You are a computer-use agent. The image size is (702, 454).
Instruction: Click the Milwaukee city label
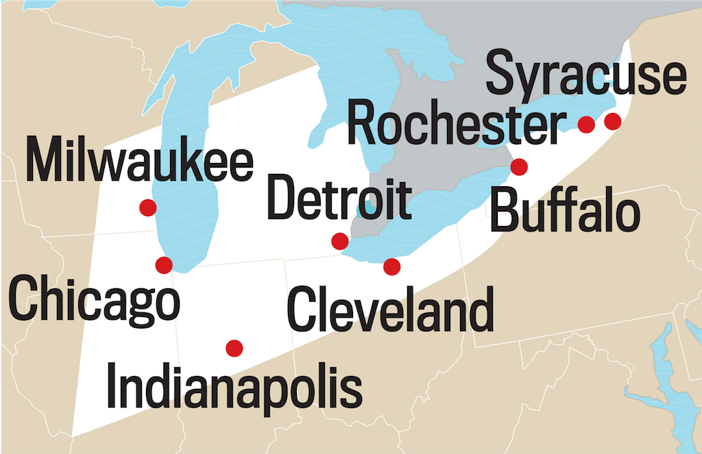tap(140, 161)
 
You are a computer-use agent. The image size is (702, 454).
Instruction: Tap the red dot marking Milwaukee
tap(147, 207)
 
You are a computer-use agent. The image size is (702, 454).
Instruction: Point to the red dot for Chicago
tap(164, 265)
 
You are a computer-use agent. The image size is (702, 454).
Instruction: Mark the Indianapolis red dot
tap(234, 348)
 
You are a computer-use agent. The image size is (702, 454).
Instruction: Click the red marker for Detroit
tap(339, 241)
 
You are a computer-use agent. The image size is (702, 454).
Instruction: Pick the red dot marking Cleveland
tap(391, 266)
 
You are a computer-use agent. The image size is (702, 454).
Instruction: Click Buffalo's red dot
tap(519, 166)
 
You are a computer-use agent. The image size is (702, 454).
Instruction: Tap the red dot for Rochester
tap(586, 124)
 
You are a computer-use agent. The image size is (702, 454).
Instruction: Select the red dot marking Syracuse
tap(612, 121)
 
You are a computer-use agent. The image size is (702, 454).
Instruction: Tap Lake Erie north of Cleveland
tap(425, 226)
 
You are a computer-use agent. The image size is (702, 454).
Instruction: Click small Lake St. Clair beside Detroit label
tap(370, 206)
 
